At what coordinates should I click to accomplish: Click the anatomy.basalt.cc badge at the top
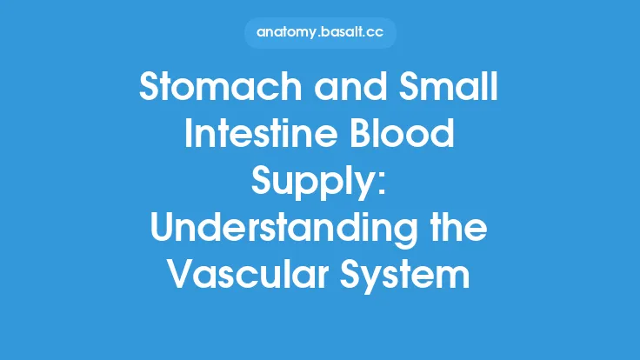(320, 33)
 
